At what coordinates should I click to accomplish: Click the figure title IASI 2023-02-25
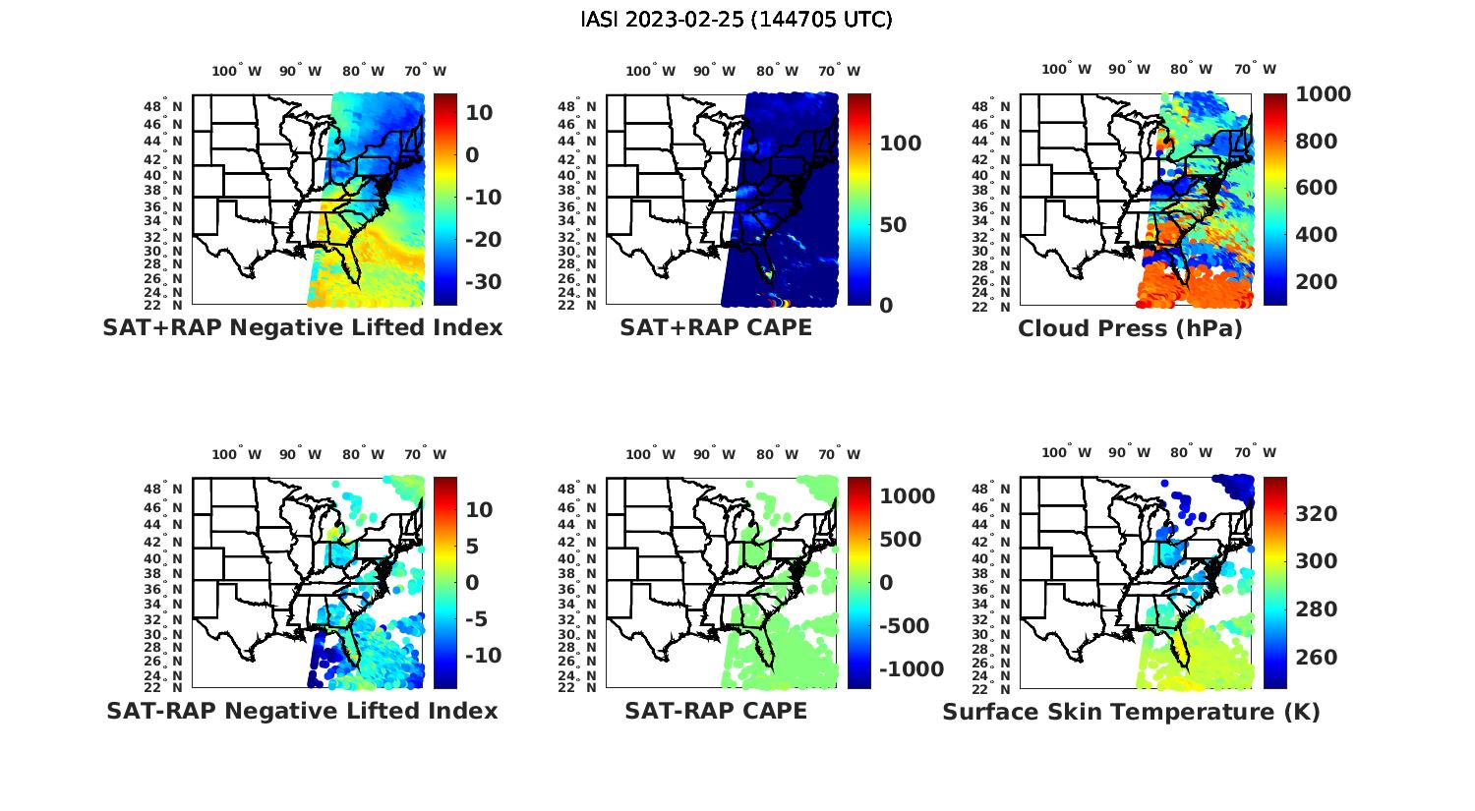click(x=737, y=20)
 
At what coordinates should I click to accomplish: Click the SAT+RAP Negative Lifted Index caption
click(x=302, y=327)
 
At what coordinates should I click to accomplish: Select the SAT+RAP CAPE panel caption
click(x=716, y=327)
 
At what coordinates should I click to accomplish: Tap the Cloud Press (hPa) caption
click(x=1130, y=328)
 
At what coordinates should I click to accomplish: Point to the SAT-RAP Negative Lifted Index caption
click(x=302, y=711)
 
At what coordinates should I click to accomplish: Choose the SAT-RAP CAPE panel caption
click(x=716, y=711)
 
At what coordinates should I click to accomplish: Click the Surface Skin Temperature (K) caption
click(x=1131, y=712)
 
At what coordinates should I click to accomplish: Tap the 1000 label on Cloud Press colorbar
click(x=1323, y=94)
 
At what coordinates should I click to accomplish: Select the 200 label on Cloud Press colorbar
click(x=1317, y=282)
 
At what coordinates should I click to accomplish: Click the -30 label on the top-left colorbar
click(x=483, y=282)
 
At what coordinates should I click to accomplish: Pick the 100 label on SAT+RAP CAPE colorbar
click(x=900, y=144)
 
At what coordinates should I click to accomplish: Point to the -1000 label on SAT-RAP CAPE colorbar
click(x=912, y=669)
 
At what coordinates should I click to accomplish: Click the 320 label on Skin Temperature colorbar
click(x=1317, y=514)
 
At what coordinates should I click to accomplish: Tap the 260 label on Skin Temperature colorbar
click(x=1317, y=658)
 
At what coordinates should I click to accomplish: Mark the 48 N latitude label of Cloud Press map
click(x=1001, y=106)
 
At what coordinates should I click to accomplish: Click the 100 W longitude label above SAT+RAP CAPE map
click(x=650, y=71)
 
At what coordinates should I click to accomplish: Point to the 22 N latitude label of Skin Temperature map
click(x=1001, y=688)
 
